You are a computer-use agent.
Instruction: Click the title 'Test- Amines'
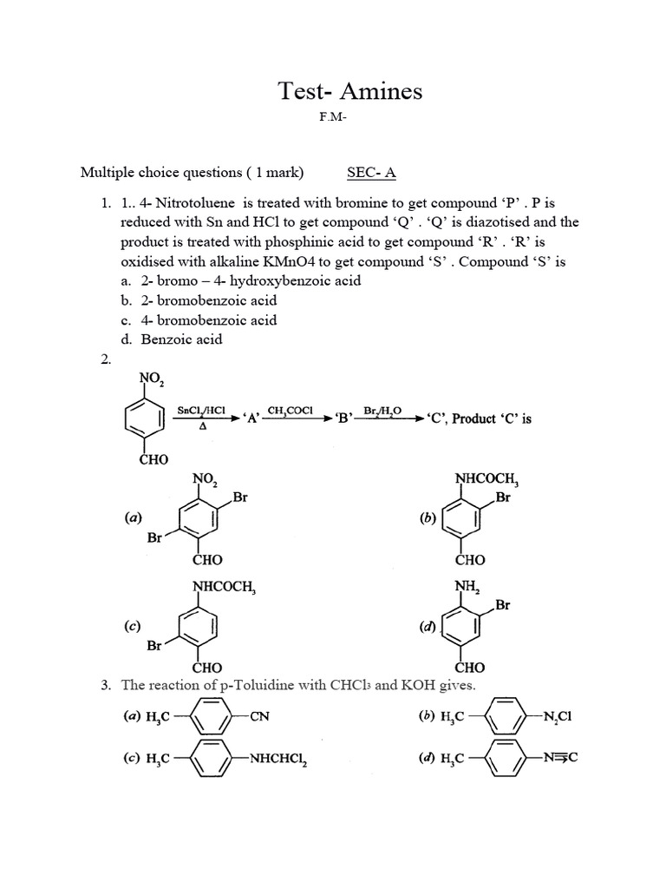coord(349,90)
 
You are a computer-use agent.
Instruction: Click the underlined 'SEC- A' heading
coord(371,173)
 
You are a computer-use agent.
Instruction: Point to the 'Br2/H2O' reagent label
coord(388,409)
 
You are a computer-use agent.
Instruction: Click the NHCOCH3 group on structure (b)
coord(486,479)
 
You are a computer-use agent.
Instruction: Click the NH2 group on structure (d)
coord(467,588)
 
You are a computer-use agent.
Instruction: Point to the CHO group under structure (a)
coord(208,559)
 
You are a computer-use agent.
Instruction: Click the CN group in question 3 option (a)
coord(260,717)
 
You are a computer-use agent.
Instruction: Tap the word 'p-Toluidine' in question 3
coord(265,686)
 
